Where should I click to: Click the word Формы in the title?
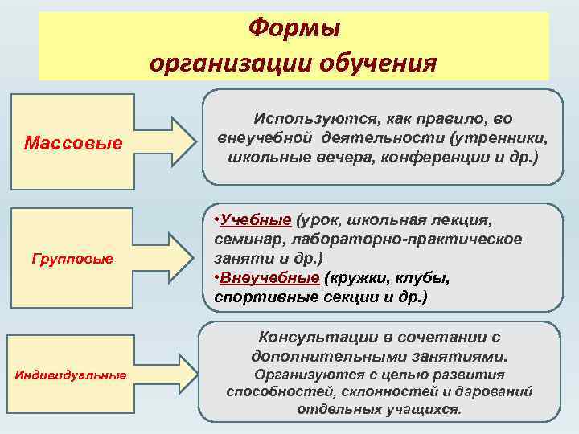pyautogui.click(x=295, y=28)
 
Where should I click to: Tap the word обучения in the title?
pyautogui.click(x=383, y=63)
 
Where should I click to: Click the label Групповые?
pyautogui.click(x=72, y=259)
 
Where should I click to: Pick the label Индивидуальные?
pyautogui.click(x=71, y=376)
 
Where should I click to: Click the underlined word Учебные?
pyautogui.click(x=256, y=219)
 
